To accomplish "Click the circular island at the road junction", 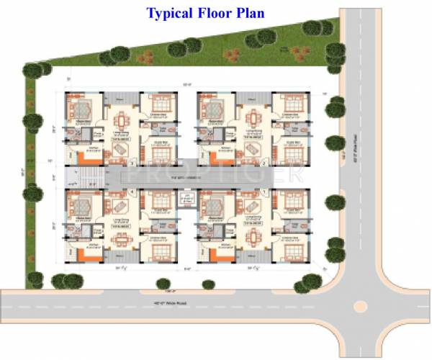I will tap(358, 306).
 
